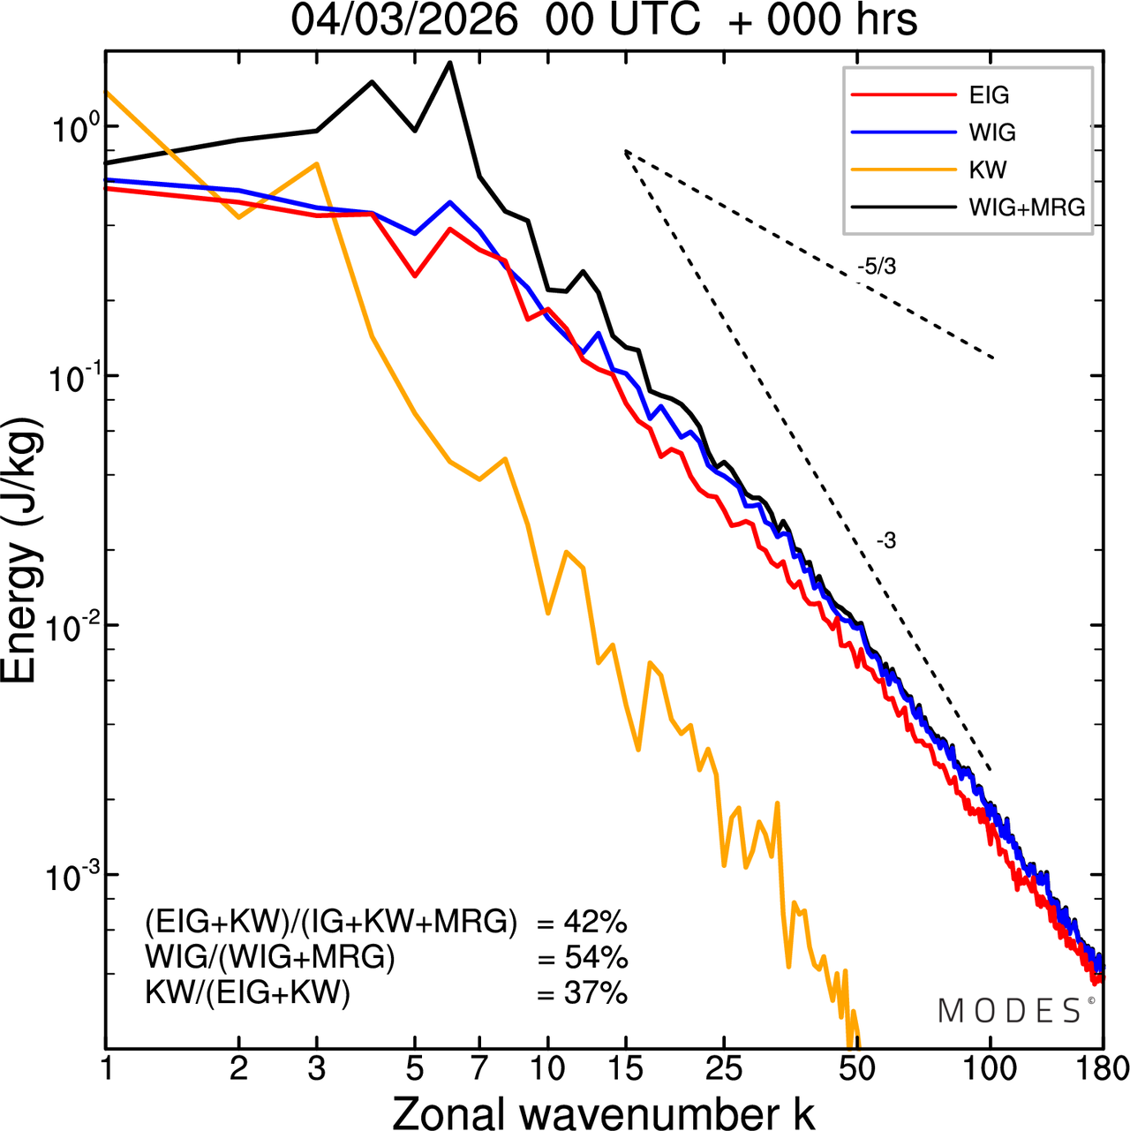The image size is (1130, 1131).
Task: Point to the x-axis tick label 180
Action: (x=1103, y=1068)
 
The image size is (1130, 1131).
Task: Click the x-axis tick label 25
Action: (x=723, y=1068)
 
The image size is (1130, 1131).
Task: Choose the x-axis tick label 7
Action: (x=479, y=1068)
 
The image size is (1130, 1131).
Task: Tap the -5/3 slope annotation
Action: (x=877, y=266)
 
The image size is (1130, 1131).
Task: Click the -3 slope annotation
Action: (x=886, y=540)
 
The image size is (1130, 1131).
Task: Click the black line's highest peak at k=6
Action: (x=449, y=63)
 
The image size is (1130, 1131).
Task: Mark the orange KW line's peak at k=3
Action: (x=317, y=163)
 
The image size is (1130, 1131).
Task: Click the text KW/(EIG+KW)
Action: (x=247, y=993)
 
